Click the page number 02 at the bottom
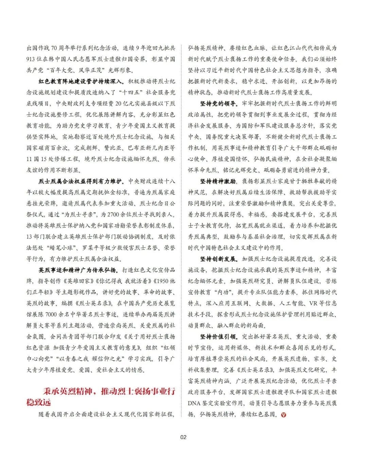click(183, 437)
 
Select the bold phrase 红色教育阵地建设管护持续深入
click(82, 81)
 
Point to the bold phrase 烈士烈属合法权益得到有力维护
click(82, 181)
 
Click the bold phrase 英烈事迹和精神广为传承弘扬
click(78, 270)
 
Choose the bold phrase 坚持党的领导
click(218, 103)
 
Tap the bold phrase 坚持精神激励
click(218, 181)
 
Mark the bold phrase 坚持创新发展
click(218, 259)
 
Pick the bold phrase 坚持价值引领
click(218, 337)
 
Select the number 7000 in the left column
click(51, 314)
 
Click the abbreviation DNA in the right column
click(195, 403)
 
